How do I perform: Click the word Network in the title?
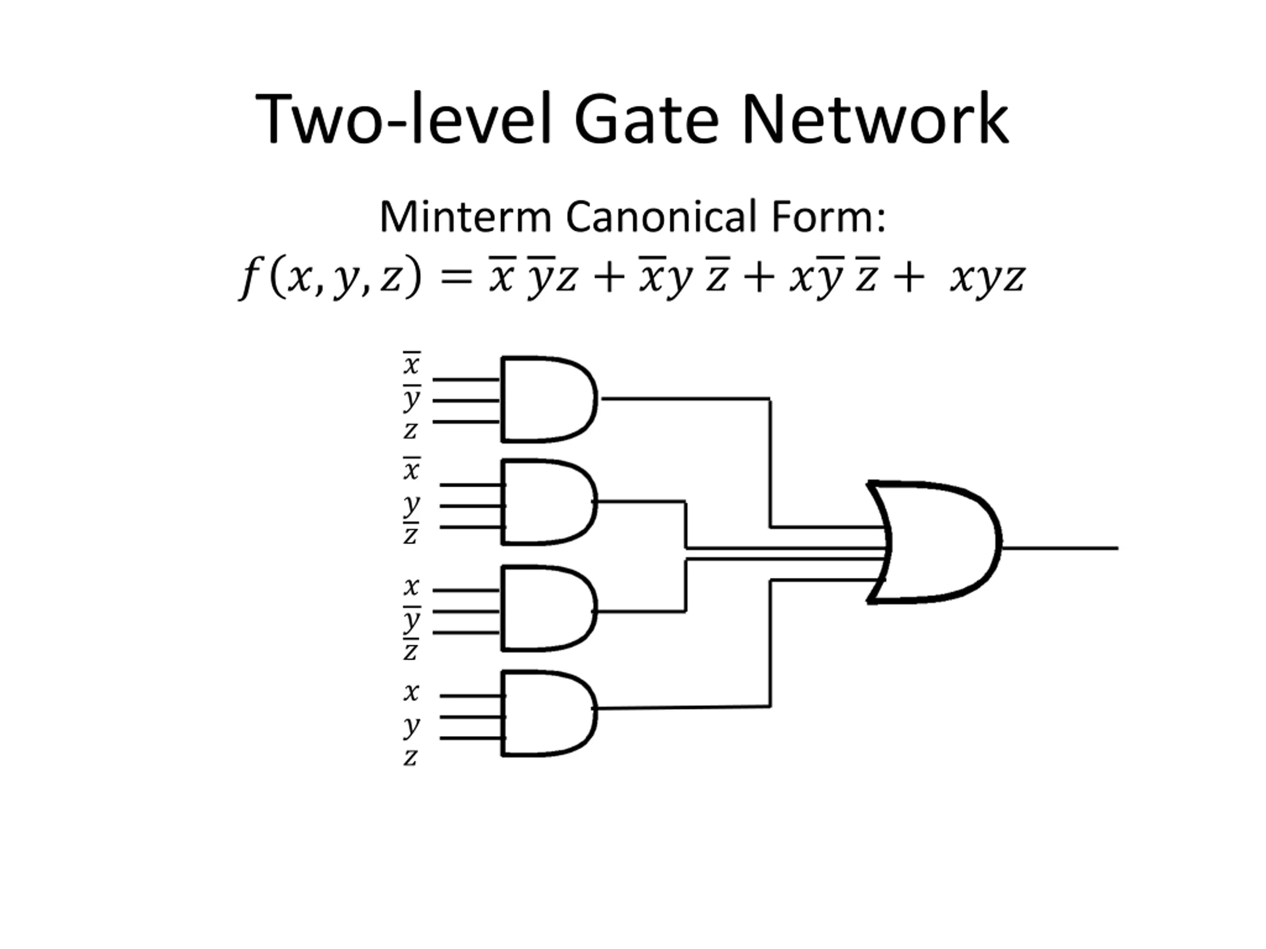[876, 120]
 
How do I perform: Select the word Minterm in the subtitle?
[465, 217]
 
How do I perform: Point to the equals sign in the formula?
[455, 277]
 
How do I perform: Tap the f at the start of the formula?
[250, 278]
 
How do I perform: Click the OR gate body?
[934, 542]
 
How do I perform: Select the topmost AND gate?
[549, 399]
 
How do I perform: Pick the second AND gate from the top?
[549, 502]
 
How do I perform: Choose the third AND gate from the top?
[549, 608]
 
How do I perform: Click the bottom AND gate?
[549, 714]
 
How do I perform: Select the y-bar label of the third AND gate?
[411, 619]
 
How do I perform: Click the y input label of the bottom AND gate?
[411, 727]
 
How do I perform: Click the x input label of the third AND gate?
[411, 587]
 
